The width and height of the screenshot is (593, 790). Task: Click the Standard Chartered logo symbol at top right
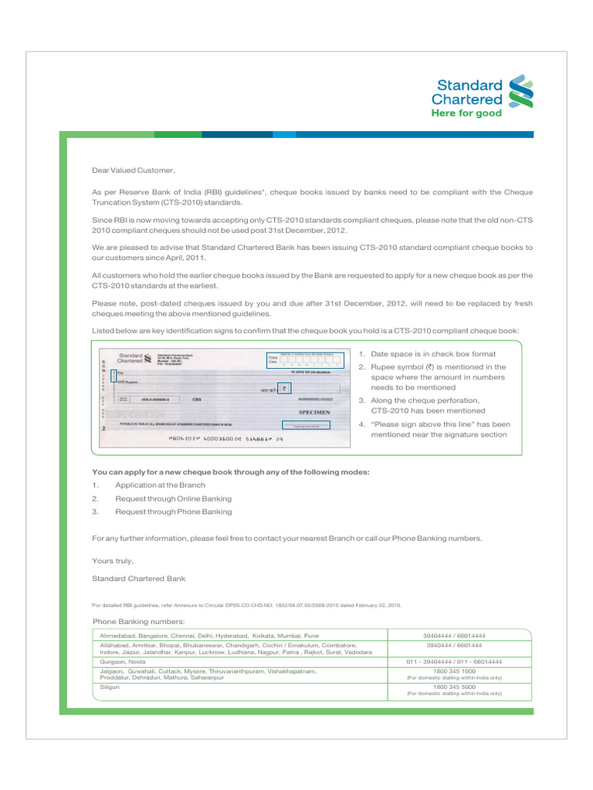pyautogui.click(x=520, y=91)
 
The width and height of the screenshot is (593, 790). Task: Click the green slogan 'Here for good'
pyautogui.click(x=466, y=113)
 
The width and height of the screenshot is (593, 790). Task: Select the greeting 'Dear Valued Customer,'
pyautogui.click(x=134, y=170)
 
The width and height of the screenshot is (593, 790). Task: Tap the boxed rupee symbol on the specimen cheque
pyautogui.click(x=284, y=389)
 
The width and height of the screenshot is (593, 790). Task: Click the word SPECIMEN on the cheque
pyautogui.click(x=314, y=413)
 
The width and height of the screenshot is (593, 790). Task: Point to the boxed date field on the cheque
pyautogui.click(x=305, y=360)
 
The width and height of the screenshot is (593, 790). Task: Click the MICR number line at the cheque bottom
pyautogui.click(x=225, y=439)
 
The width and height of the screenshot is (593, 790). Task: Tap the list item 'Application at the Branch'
pyautogui.click(x=160, y=485)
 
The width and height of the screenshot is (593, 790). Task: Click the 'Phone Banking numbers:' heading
pyautogui.click(x=138, y=621)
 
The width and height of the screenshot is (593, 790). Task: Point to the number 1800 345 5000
pyautogui.click(x=454, y=686)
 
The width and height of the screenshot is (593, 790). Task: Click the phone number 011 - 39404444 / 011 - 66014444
pyautogui.click(x=454, y=662)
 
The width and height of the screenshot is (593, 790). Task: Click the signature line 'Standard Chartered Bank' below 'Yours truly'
pyautogui.click(x=138, y=579)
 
